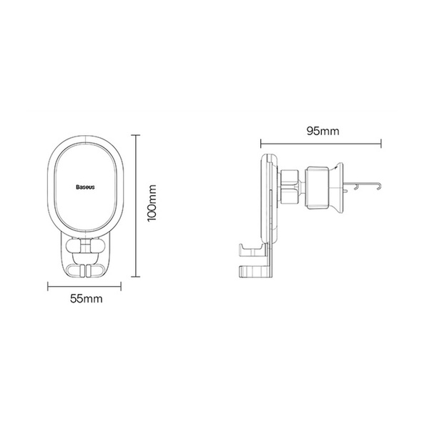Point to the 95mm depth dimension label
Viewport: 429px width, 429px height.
pos(321,132)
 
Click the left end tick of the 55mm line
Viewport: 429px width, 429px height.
pos(48,287)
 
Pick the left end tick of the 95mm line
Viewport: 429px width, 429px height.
pos(261,142)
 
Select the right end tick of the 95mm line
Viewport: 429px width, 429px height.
pos(381,142)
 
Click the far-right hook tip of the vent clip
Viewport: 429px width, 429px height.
pos(378,187)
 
